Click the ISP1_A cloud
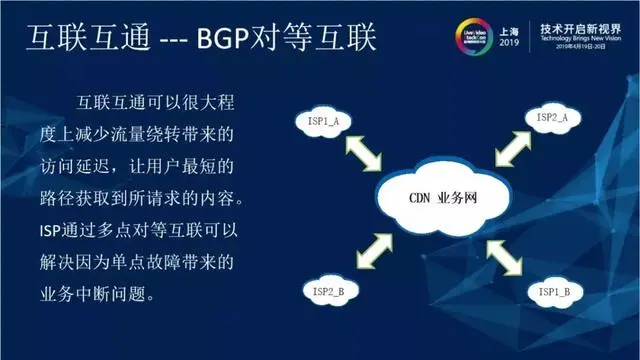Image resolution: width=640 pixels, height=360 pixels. pyautogui.click(x=323, y=123)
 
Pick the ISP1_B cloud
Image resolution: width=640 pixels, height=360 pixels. pyautogui.click(x=551, y=293)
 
